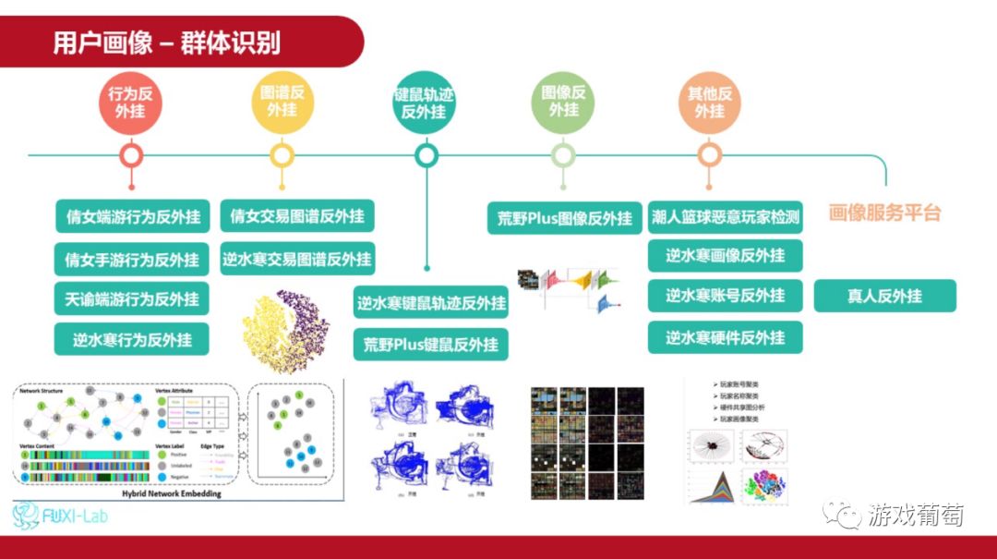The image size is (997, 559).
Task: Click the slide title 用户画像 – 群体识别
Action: click(x=166, y=43)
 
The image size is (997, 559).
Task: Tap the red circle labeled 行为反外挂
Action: click(x=130, y=102)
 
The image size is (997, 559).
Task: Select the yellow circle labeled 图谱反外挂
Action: click(x=282, y=102)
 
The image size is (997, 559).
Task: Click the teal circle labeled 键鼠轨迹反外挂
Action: click(x=425, y=103)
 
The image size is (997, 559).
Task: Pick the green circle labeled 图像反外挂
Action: click(x=563, y=102)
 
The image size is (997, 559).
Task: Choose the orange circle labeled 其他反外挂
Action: click(x=709, y=102)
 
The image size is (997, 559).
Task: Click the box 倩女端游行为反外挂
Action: click(x=132, y=217)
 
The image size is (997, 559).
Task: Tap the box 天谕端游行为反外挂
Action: click(x=132, y=299)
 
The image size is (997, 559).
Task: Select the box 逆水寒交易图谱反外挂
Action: click(x=297, y=260)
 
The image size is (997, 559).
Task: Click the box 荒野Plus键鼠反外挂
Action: click(x=430, y=345)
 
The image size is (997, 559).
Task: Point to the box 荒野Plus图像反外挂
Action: click(x=564, y=218)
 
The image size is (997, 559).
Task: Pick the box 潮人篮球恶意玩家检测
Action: click(x=725, y=218)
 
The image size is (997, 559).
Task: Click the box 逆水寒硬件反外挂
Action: click(x=725, y=337)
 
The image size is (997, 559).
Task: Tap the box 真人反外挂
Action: click(x=884, y=296)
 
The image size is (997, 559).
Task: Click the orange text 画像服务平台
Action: click(x=884, y=213)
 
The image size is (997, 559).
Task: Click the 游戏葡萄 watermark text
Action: click(x=915, y=515)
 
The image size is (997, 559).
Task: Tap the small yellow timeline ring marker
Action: click(x=282, y=155)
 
